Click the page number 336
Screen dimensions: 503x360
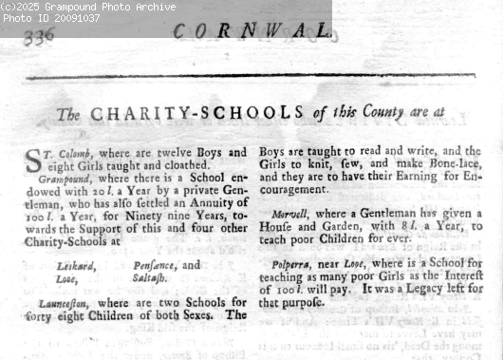coord(39,36)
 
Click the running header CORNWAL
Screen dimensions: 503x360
coord(252,30)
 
